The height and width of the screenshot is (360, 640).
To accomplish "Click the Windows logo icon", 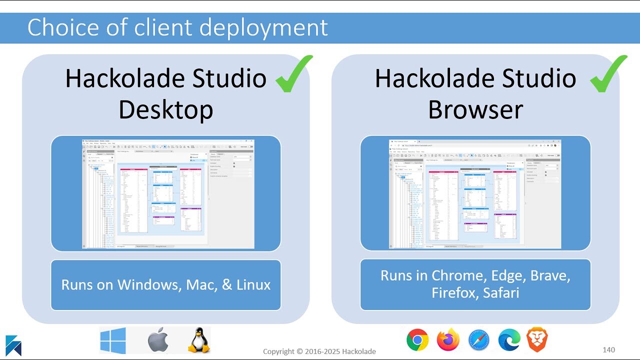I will (112, 340).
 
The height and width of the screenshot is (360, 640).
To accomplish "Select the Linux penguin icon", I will (198, 340).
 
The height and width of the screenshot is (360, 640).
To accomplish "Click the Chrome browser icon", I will (417, 340).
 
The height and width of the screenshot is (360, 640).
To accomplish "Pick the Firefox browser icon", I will (448, 340).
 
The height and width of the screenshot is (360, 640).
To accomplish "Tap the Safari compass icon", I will (478, 340).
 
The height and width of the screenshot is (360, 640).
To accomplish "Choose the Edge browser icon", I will (509, 340).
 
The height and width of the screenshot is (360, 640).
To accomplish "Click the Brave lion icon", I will (537, 340).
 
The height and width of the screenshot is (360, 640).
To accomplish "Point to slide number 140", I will (608, 350).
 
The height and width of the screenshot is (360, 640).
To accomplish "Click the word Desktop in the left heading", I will (165, 109).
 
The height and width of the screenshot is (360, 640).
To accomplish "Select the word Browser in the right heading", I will (475, 109).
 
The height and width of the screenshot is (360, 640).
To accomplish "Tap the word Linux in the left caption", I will (253, 285).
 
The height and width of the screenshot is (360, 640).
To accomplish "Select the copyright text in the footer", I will (319, 351).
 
